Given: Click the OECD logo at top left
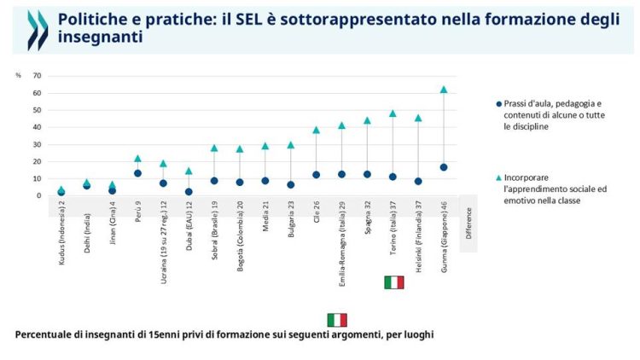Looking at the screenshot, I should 38,30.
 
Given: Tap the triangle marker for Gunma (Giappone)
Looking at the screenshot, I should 443,89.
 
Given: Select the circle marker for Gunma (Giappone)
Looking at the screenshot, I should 443,167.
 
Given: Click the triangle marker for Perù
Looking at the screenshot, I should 137,158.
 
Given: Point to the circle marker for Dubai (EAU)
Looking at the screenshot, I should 189,192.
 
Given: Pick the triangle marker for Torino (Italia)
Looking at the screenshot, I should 393,113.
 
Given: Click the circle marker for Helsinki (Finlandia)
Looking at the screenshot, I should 418,181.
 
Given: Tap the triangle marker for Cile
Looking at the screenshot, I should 316,130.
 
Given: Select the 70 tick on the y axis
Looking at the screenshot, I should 37,76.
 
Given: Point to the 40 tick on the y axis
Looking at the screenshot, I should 37,127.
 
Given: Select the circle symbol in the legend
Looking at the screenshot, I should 498,103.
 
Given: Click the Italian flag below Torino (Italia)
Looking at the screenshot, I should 393,282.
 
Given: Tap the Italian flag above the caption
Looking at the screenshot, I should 337,320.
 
